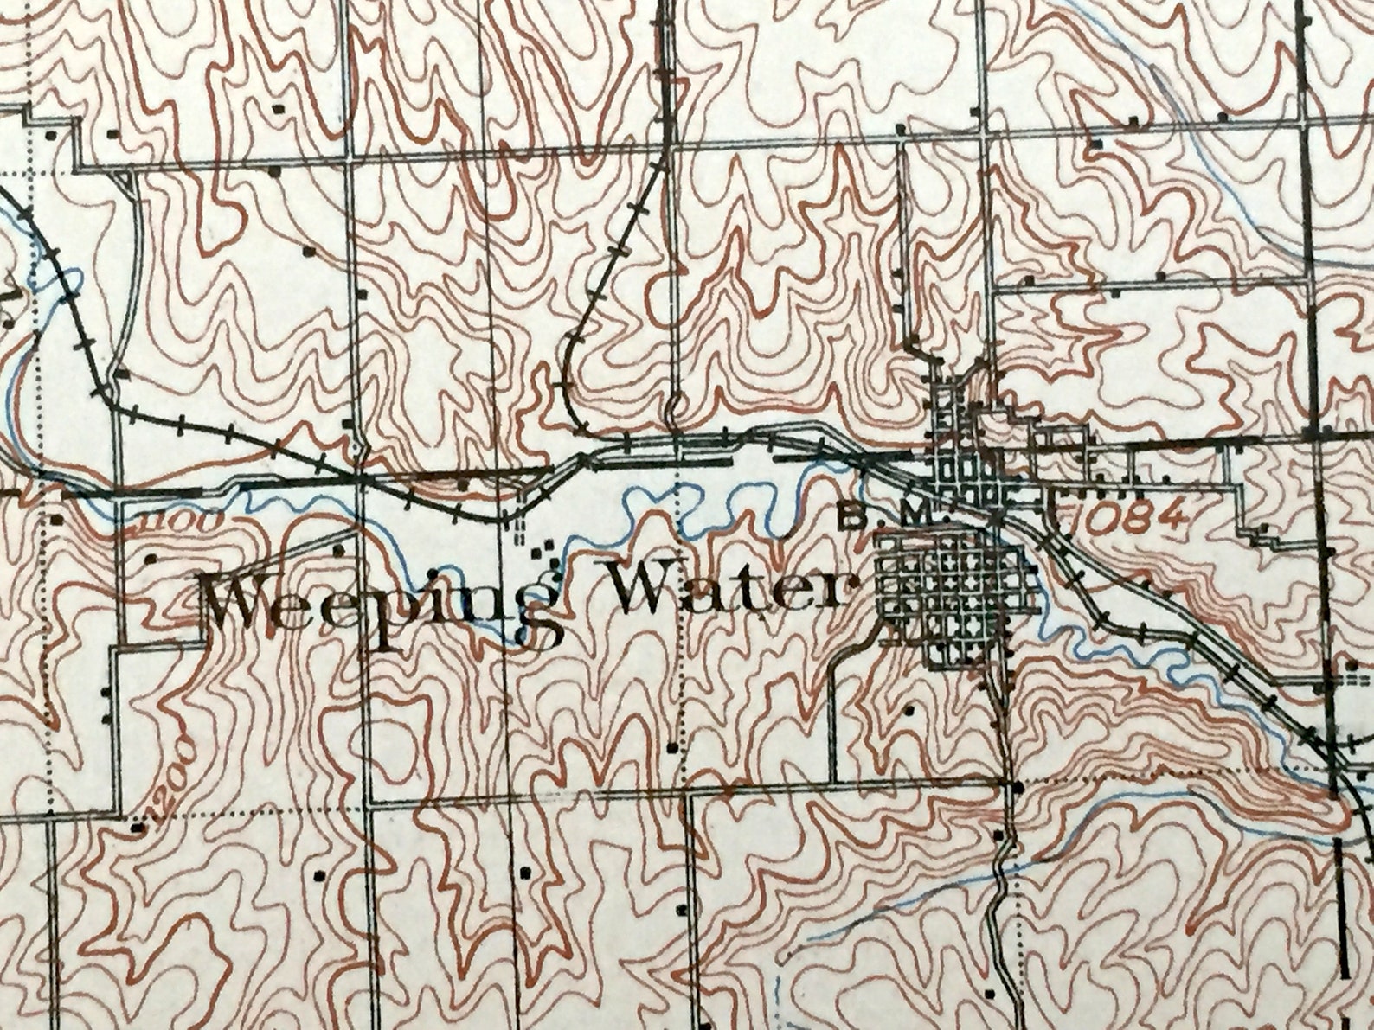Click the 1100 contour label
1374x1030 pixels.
(x=167, y=523)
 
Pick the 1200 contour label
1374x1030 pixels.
(x=169, y=774)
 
